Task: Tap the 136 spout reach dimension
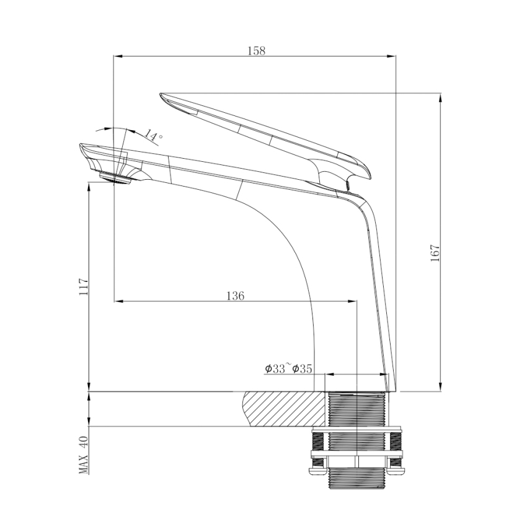[235, 296]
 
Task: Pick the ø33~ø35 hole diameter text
[288, 369]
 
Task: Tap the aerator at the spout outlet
[117, 178]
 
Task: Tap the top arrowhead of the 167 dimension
[441, 97]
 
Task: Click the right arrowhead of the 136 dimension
[354, 302]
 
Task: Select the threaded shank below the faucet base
[356, 410]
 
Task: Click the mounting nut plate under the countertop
[356, 429]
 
